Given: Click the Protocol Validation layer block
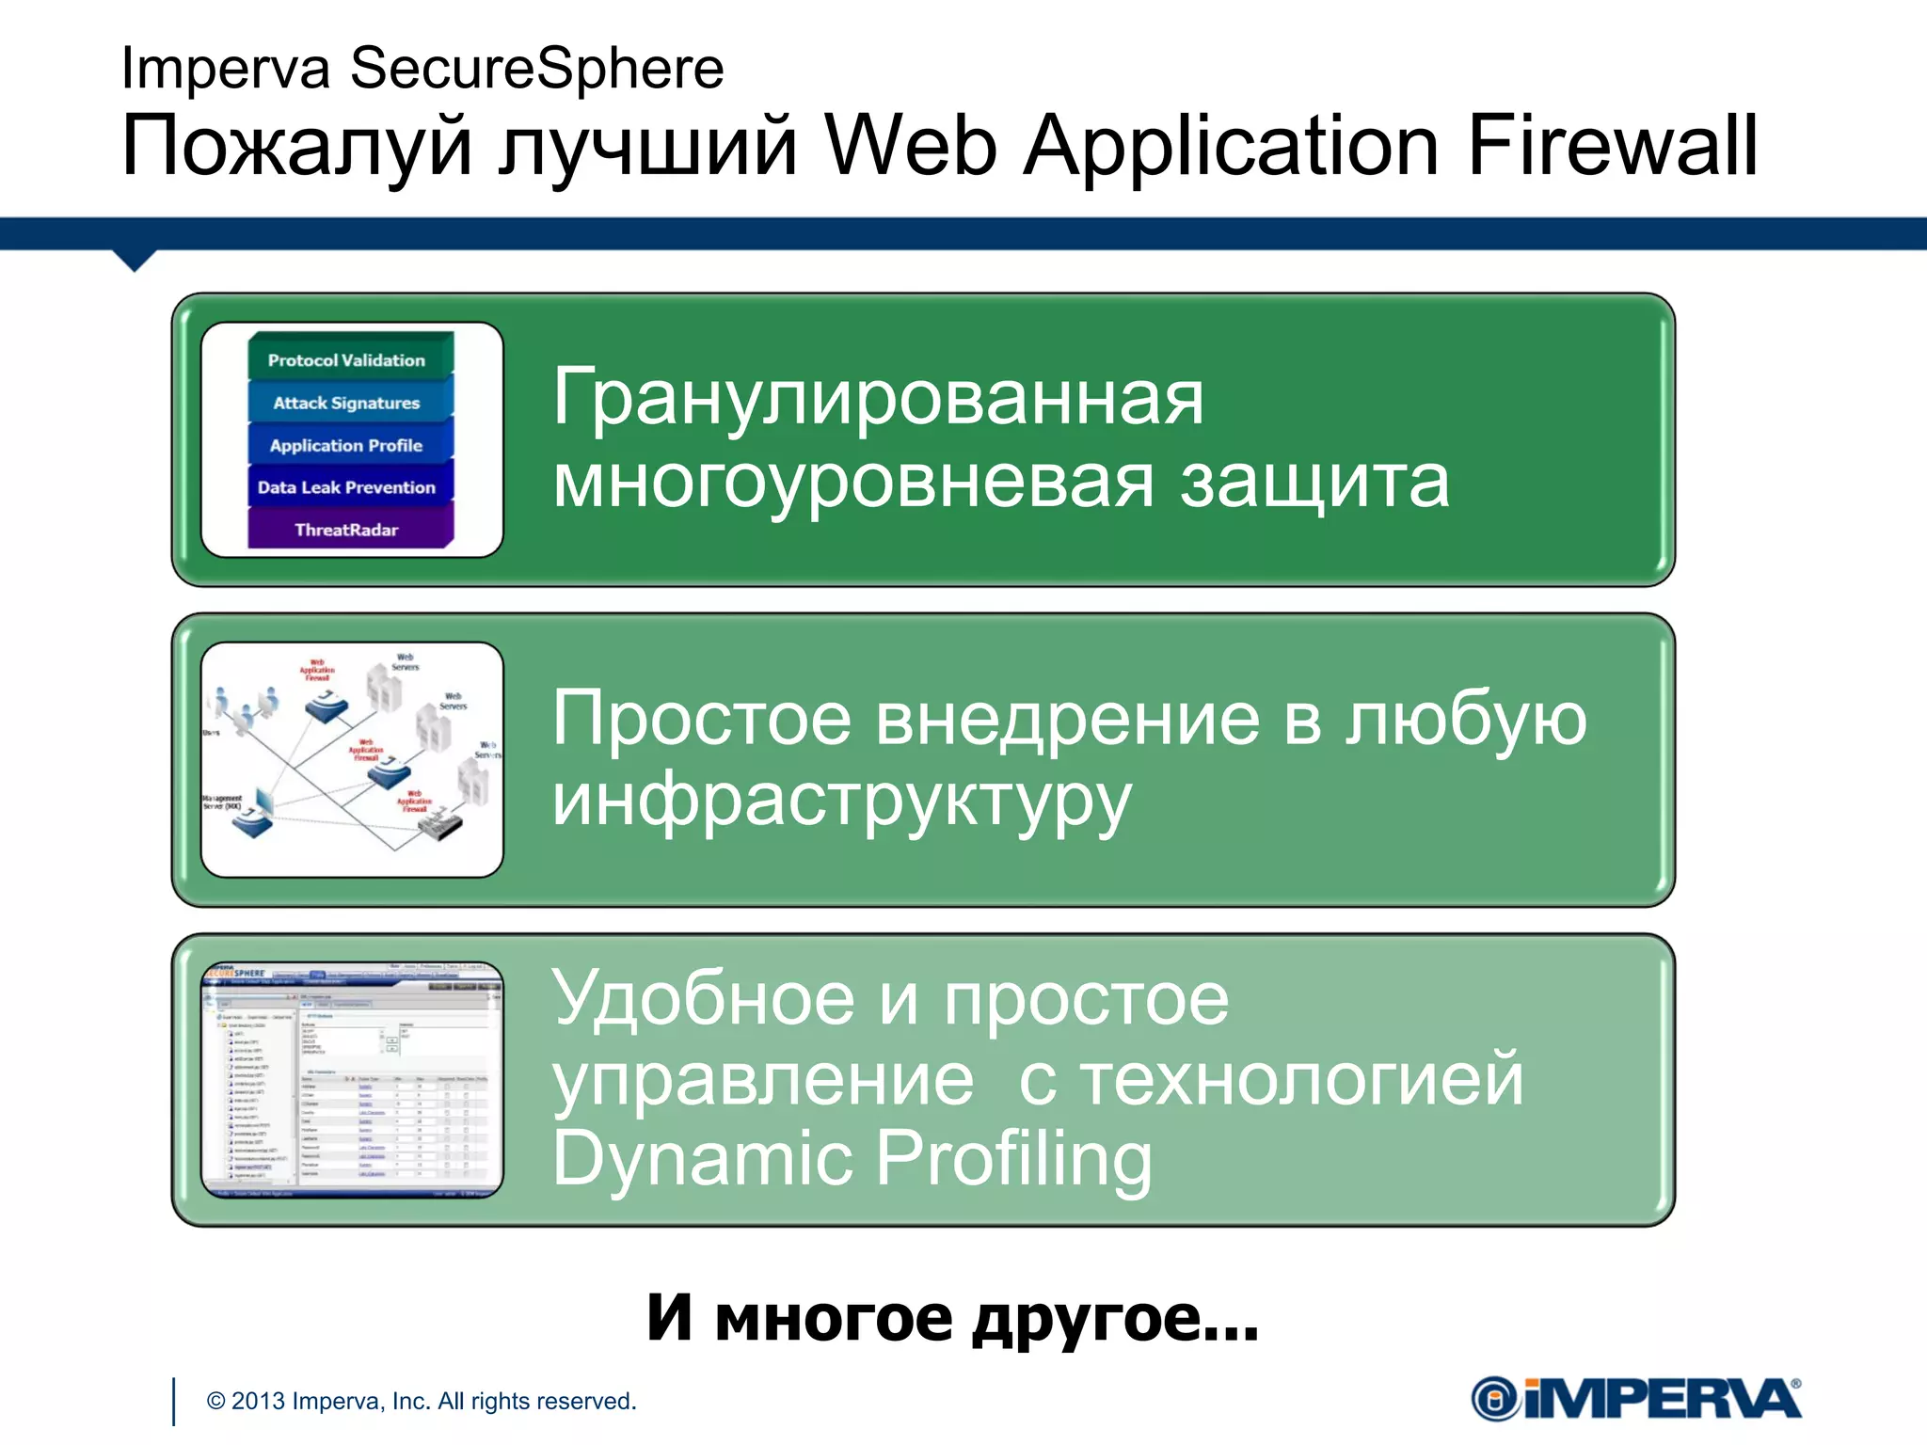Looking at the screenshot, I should coord(346,359).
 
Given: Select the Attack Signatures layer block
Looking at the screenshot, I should coord(346,403).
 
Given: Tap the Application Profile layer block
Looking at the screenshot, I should coord(346,445).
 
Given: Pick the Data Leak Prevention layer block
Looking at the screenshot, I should coord(346,487).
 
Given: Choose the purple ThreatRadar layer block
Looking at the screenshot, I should coord(346,530).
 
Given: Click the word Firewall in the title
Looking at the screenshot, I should coord(1612,146).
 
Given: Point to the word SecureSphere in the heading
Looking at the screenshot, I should coord(536,69).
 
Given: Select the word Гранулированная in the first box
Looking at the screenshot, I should coord(877,398).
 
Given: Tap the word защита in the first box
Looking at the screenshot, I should coord(1314,482).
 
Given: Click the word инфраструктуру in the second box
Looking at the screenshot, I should coord(841,802).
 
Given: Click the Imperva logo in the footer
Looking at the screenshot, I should coord(1635,1399).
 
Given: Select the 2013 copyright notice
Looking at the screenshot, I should coord(422,1401).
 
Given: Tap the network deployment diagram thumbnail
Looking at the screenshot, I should coord(352,759).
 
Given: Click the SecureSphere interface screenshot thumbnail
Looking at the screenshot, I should coord(352,1079).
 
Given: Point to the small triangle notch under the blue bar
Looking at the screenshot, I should coord(135,260).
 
